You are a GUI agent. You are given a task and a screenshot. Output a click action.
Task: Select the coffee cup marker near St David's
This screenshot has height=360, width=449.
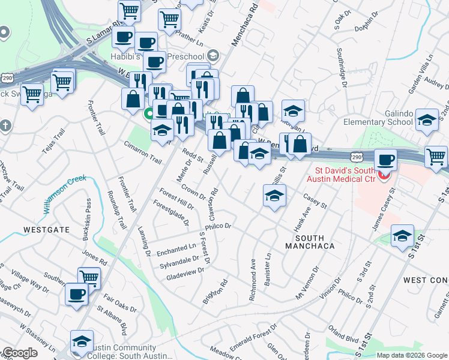385,160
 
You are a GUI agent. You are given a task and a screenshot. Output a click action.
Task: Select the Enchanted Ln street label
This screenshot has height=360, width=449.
176,247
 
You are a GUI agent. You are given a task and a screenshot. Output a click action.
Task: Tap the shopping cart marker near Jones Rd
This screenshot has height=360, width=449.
89,277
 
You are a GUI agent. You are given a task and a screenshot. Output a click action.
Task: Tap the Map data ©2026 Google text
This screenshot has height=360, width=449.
412,355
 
